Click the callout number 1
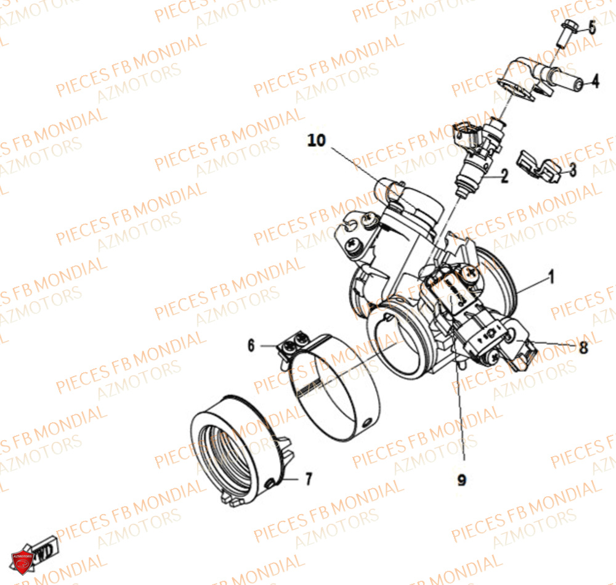(x=552, y=278)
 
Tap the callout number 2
(x=505, y=178)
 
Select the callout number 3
(x=572, y=170)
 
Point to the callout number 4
(x=595, y=81)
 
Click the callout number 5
(x=591, y=27)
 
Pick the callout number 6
(x=251, y=345)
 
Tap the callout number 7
(x=308, y=478)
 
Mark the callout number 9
(x=461, y=479)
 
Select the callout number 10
(x=317, y=141)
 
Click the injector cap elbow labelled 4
(x=536, y=77)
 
